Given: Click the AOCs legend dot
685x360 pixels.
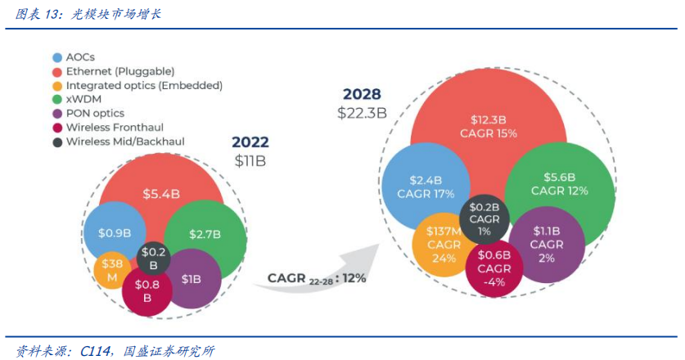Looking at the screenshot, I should [56, 58].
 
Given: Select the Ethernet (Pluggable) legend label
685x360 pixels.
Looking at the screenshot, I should [119, 71].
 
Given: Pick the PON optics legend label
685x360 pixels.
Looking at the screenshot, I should [95, 113].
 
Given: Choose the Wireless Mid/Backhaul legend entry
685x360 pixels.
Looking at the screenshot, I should [124, 141].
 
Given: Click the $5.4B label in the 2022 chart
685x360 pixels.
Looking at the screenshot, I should [160, 194].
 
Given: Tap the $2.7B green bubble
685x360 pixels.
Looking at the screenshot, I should [205, 234].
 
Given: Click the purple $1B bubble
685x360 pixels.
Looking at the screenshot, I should [191, 279].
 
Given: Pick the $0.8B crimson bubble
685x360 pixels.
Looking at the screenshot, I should [147, 290].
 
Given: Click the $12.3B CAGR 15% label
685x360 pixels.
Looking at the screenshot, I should [489, 126].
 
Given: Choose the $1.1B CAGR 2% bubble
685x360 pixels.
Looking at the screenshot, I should [546, 244].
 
